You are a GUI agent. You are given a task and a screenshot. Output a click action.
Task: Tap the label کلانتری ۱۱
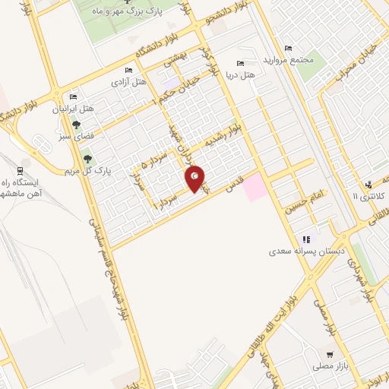click(x=368, y=196)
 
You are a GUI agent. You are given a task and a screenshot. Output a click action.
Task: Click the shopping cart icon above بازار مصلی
click(x=329, y=355)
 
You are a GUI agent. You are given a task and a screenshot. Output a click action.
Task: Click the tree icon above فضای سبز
click(x=75, y=126)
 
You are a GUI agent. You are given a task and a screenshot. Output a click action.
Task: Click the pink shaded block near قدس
click(x=256, y=187)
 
